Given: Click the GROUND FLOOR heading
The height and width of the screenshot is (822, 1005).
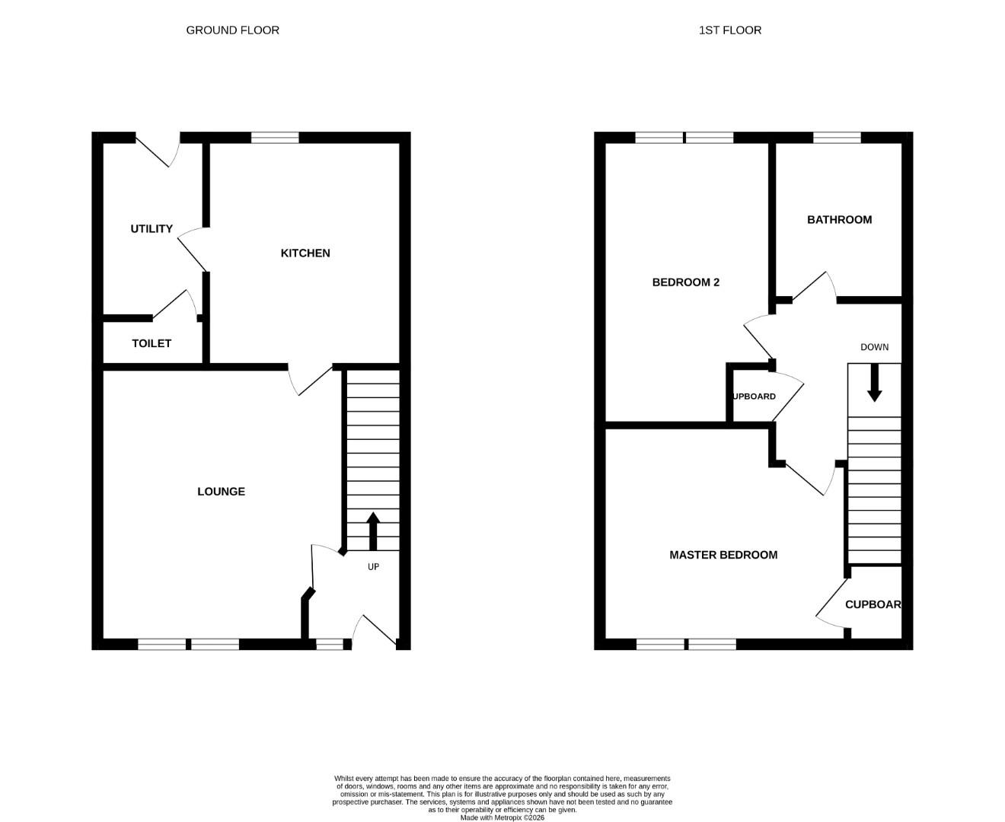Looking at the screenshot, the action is (x=232, y=30).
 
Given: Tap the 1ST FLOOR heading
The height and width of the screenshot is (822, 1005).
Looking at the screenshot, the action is (x=729, y=30).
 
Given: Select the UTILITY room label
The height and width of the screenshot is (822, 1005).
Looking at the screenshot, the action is (x=151, y=229).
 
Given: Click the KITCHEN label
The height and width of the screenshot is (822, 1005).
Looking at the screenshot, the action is (x=305, y=253).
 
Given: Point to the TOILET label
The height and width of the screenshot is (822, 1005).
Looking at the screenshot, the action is (x=151, y=343).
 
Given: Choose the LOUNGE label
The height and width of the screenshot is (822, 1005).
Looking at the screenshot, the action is (x=221, y=491).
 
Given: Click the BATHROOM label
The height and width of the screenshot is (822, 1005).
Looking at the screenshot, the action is (x=839, y=220).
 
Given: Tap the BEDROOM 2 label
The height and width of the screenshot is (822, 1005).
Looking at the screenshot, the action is (x=685, y=282).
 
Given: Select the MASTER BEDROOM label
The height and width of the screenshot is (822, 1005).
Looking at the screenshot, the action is (x=723, y=555).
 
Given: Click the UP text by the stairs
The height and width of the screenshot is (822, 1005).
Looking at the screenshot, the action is (x=373, y=566).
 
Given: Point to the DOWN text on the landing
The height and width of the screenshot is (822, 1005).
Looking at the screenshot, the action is (x=874, y=347).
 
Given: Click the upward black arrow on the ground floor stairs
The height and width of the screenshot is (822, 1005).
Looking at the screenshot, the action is (x=372, y=530).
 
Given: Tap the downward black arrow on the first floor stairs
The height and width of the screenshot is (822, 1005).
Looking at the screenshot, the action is (x=874, y=383).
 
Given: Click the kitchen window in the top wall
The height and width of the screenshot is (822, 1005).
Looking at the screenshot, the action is (x=275, y=138).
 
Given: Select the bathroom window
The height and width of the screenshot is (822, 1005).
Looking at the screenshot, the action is (x=836, y=138).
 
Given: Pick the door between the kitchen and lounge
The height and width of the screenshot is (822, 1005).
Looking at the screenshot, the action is (x=310, y=381).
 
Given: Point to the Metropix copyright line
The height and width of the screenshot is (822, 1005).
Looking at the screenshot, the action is (x=502, y=817).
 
